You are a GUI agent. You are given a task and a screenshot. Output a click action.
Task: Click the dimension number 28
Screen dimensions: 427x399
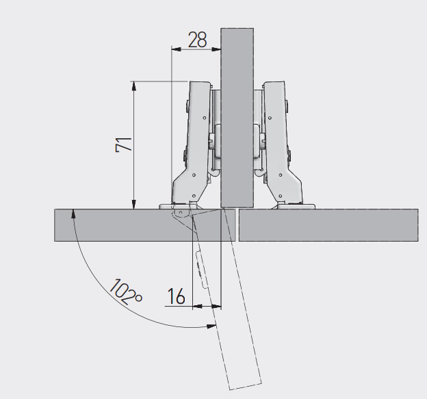[x=198, y=40]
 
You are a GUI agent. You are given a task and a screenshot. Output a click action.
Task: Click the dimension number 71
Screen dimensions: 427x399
[x=124, y=145]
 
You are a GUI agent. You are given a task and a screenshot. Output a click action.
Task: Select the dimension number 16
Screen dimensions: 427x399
[x=176, y=296]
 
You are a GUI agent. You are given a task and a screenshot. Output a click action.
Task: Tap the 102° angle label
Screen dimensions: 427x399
[x=126, y=292]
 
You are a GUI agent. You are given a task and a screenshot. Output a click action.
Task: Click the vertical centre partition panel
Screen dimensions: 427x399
[x=237, y=118]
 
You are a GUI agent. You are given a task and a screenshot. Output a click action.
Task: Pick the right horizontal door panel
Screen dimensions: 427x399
[x=328, y=225]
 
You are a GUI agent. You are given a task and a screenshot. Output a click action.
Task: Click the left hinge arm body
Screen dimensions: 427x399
[x=194, y=142]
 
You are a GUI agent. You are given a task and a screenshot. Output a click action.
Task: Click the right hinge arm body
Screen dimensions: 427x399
[x=281, y=142]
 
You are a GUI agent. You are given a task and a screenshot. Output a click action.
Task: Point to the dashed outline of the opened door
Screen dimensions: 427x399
[x=240, y=297]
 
